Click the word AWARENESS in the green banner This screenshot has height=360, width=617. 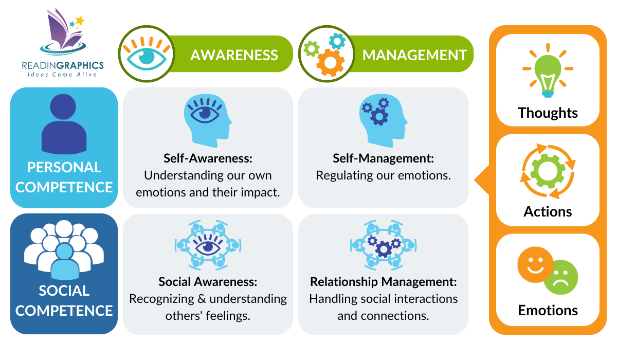(x=233, y=55)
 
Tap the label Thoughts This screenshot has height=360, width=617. (x=548, y=113)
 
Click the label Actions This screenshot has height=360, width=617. (x=548, y=211)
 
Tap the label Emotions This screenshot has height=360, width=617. (x=548, y=311)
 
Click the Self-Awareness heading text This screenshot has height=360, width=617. (x=208, y=158)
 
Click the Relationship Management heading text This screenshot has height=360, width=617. (x=383, y=282)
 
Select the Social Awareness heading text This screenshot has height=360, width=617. (x=208, y=282)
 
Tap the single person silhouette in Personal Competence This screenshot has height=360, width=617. (x=64, y=125)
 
